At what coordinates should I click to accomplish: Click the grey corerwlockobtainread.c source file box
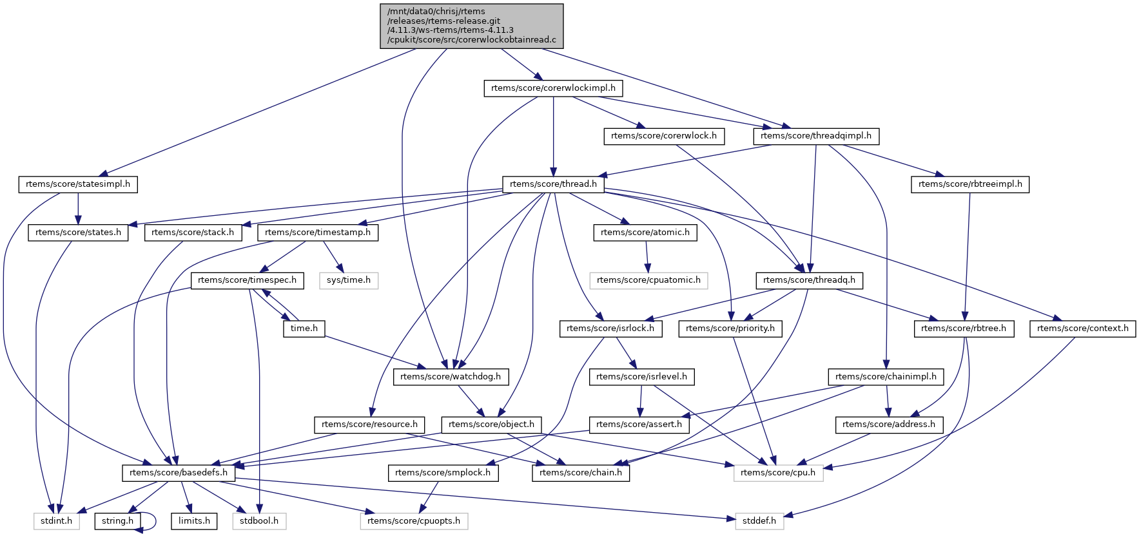point(472,26)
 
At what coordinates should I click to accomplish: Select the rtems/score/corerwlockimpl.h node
point(553,88)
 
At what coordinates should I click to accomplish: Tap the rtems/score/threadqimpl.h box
point(815,136)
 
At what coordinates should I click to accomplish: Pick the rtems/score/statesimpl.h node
point(78,184)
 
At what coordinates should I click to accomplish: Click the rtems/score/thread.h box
point(553,184)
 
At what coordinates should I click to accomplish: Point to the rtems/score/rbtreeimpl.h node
point(970,184)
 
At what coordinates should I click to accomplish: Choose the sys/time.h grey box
point(349,280)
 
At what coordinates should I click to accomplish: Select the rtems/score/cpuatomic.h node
point(648,280)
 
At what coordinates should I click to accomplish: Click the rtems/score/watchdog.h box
point(451,376)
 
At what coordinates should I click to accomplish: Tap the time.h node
point(304,329)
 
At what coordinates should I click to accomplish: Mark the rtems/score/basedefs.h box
point(179,473)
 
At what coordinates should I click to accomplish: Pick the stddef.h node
point(760,520)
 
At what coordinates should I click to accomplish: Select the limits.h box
point(194,520)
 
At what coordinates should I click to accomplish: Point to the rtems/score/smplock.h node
point(443,473)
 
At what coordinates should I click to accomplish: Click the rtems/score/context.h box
point(1083,329)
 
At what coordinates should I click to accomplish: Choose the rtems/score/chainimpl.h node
point(886,376)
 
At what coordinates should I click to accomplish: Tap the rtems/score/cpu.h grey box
point(778,473)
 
